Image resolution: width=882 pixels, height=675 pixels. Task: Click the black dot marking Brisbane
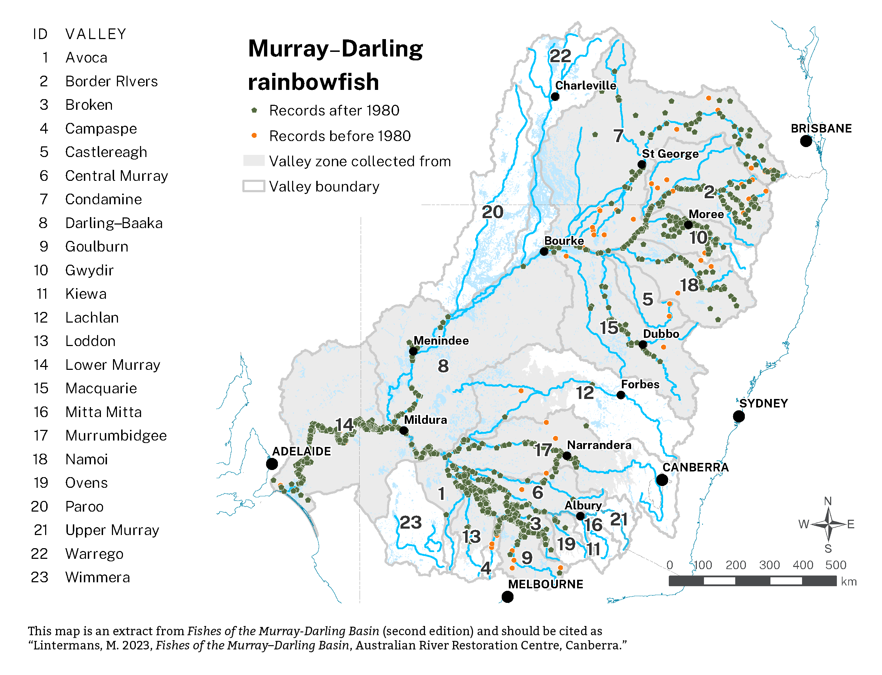805,141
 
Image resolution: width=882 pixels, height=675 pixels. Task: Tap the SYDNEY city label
763,403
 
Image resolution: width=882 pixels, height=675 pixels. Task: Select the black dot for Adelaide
272,464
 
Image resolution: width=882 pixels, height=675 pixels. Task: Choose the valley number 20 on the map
492,212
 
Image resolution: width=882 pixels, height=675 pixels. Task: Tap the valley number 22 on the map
560,56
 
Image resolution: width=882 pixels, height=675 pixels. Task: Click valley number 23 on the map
410,522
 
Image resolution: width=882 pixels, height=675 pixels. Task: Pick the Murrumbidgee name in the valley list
116,436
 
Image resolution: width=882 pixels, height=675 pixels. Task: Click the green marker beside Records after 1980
254,110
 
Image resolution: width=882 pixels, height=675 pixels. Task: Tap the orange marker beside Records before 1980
254,135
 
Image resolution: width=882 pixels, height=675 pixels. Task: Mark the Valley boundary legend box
254,187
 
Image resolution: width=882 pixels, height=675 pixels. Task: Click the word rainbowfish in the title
313,82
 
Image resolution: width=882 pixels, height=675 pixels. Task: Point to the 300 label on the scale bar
769,565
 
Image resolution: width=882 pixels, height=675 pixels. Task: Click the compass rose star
828,524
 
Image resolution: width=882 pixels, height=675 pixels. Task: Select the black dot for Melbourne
507,597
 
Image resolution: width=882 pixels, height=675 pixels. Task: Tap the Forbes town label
640,384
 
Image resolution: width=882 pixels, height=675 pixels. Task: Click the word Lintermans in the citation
67,645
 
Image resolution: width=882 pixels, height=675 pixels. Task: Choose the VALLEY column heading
96,34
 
